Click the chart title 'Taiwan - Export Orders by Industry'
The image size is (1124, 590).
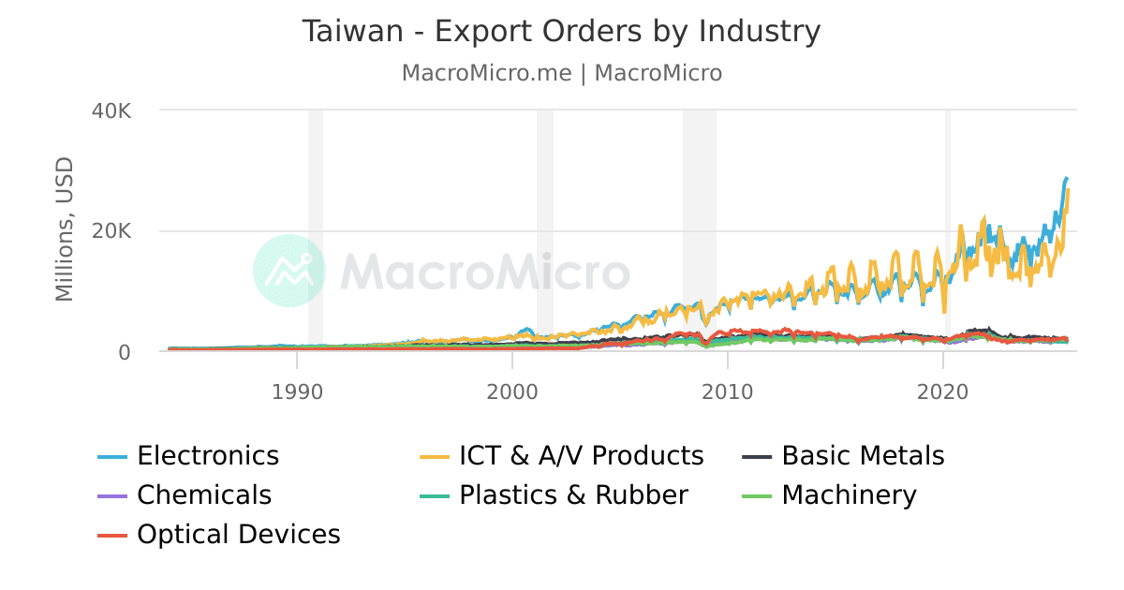pos(561,32)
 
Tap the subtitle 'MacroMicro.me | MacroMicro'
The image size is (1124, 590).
pos(561,73)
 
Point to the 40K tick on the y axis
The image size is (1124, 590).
pos(112,111)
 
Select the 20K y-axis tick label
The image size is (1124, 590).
pos(112,231)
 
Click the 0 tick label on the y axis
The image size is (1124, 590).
pos(124,352)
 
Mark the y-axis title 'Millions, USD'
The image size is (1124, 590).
pos(64,230)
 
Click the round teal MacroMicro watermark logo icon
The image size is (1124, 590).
pos(289,271)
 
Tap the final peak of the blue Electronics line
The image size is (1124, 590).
pos(1066,178)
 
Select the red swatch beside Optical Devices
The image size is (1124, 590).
pos(112,536)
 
